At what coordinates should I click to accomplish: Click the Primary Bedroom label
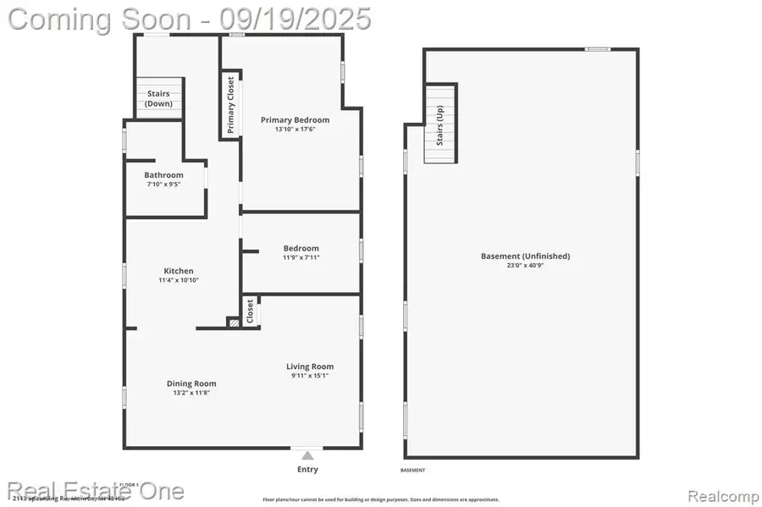click(x=295, y=120)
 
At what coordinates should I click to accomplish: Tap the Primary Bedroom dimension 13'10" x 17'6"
click(x=295, y=130)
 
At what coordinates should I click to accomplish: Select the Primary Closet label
click(x=230, y=106)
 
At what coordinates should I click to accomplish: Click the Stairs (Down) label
click(x=158, y=98)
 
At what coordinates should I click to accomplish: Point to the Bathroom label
click(x=163, y=175)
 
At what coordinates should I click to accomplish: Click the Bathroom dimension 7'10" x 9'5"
click(x=163, y=185)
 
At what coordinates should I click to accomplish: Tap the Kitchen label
click(x=178, y=271)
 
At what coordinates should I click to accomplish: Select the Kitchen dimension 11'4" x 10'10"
click(x=178, y=280)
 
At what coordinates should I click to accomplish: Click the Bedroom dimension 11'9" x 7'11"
click(x=301, y=257)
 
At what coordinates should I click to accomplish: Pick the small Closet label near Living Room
click(x=251, y=311)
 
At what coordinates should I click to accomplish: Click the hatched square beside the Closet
click(x=233, y=322)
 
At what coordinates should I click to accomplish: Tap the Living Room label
click(x=310, y=366)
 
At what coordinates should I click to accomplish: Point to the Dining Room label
click(x=191, y=383)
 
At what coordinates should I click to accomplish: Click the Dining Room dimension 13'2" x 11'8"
click(x=191, y=393)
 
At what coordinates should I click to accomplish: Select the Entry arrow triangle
click(x=307, y=454)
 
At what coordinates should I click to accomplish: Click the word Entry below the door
click(x=307, y=469)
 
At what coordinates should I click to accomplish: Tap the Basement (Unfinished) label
click(x=525, y=256)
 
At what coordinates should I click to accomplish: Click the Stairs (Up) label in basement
click(x=440, y=126)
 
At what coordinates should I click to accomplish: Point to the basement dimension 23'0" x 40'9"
click(x=525, y=266)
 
